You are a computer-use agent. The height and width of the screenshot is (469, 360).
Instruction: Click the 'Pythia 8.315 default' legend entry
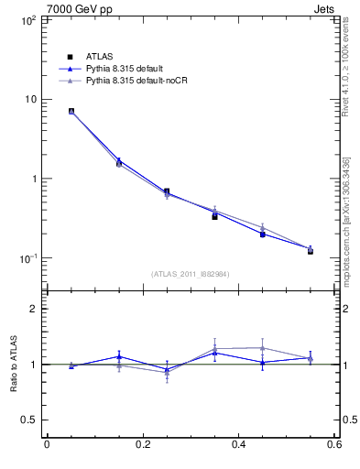(124, 69)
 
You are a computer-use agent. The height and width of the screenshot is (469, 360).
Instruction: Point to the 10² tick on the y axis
(27, 19)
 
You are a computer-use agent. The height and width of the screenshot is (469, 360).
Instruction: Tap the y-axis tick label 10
(29, 99)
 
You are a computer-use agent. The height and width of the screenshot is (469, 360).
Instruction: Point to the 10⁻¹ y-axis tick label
(27, 258)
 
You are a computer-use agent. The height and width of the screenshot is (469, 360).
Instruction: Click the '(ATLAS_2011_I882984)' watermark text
(191, 274)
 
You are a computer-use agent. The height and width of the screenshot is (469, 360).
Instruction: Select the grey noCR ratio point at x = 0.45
(262, 348)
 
